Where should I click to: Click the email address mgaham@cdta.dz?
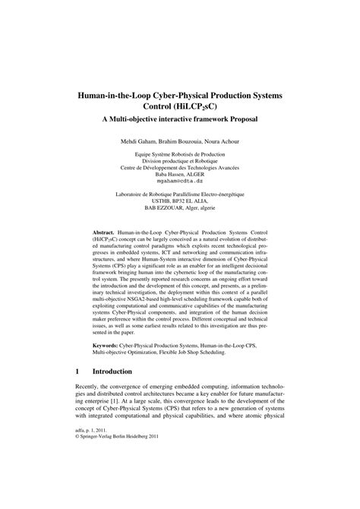pos(180,182)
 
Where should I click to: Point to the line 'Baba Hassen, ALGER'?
pos(180,174)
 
